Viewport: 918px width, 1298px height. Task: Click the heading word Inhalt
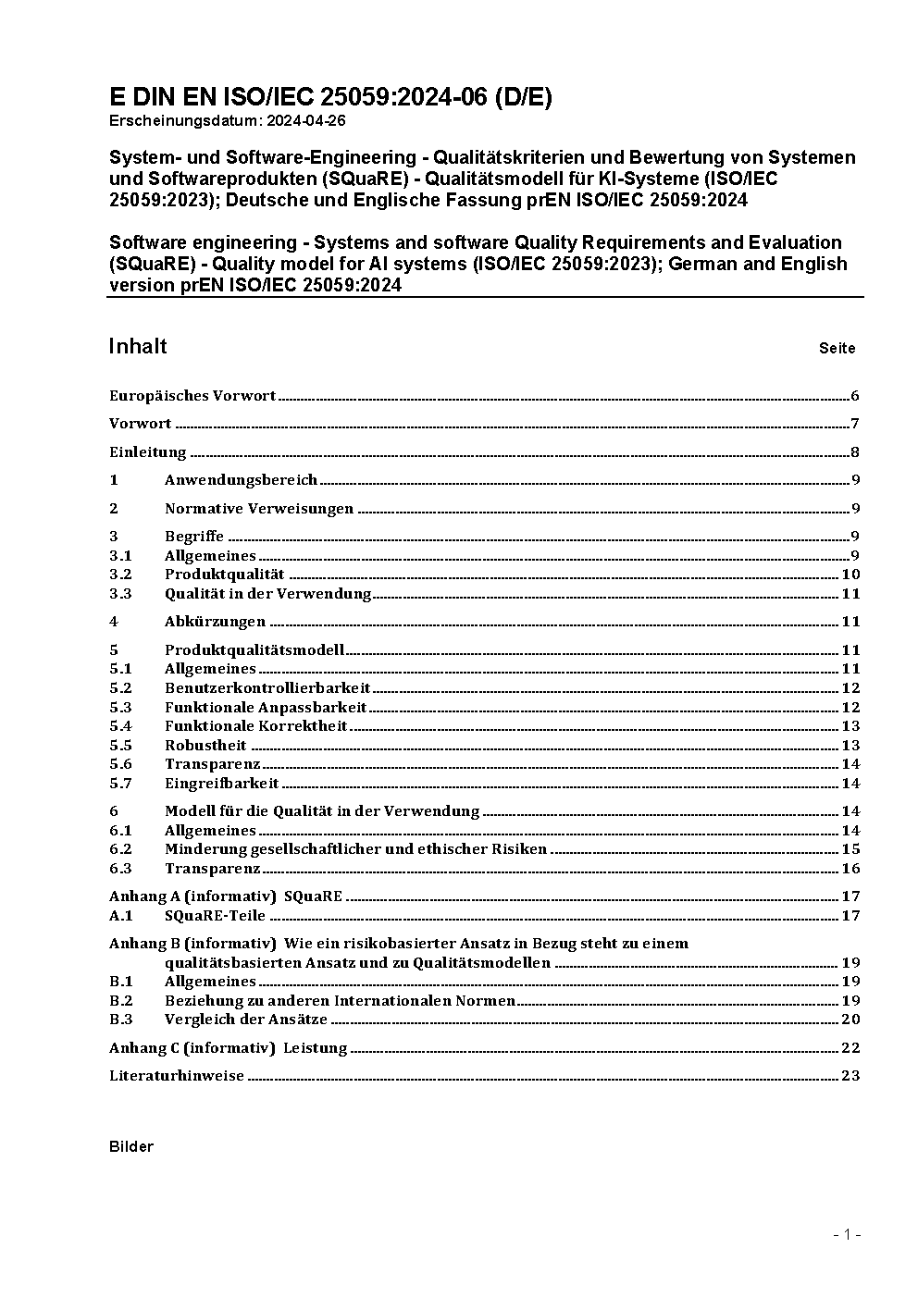coord(138,346)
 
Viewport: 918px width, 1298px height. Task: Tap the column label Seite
coord(837,349)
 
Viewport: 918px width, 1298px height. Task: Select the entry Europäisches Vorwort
coord(192,396)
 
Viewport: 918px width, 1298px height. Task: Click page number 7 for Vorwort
coord(855,424)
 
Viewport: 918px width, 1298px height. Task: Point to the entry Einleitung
coord(148,452)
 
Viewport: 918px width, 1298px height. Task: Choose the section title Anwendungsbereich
coord(241,480)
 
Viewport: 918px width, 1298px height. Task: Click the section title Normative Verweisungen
coord(259,509)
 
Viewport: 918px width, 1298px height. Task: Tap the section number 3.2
coord(120,575)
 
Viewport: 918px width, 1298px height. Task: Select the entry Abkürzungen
coord(215,622)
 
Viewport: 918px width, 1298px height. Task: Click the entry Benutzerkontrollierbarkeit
coord(267,688)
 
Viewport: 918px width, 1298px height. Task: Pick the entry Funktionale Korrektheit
coord(255,726)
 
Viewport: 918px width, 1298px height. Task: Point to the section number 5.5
coord(120,746)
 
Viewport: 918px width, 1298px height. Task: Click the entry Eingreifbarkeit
coord(221,784)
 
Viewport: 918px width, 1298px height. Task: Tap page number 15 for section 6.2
coord(850,849)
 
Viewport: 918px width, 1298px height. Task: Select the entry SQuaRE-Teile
coord(215,916)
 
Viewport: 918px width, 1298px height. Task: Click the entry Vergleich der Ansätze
coord(246,1020)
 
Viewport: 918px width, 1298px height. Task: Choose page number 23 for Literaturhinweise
coord(850,1076)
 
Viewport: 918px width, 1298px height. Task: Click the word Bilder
coord(131,1147)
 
